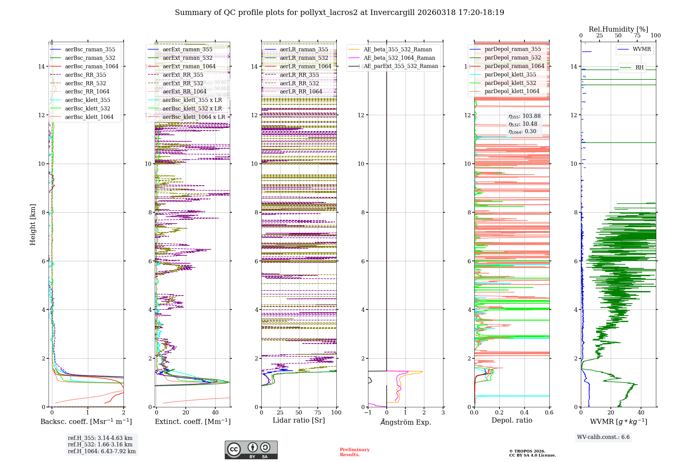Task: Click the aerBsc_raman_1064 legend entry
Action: pos(92,67)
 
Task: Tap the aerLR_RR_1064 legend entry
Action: pos(301,92)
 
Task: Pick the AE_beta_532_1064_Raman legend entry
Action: pos(399,58)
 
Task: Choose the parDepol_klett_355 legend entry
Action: pos(510,75)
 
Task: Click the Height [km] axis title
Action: pos(33,225)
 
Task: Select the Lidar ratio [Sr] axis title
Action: pos(299,421)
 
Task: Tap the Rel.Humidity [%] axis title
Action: pos(618,29)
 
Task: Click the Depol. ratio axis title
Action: pos(512,421)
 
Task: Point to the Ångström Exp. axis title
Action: pos(406,422)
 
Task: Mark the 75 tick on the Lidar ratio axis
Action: pos(318,413)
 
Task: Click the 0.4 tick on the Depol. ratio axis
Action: pos(524,413)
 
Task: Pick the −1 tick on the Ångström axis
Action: pos(368,413)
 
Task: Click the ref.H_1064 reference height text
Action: pos(102,451)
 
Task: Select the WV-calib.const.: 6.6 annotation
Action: pos(603,437)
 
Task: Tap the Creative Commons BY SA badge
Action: pos(251,450)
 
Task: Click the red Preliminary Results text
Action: pos(354,452)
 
